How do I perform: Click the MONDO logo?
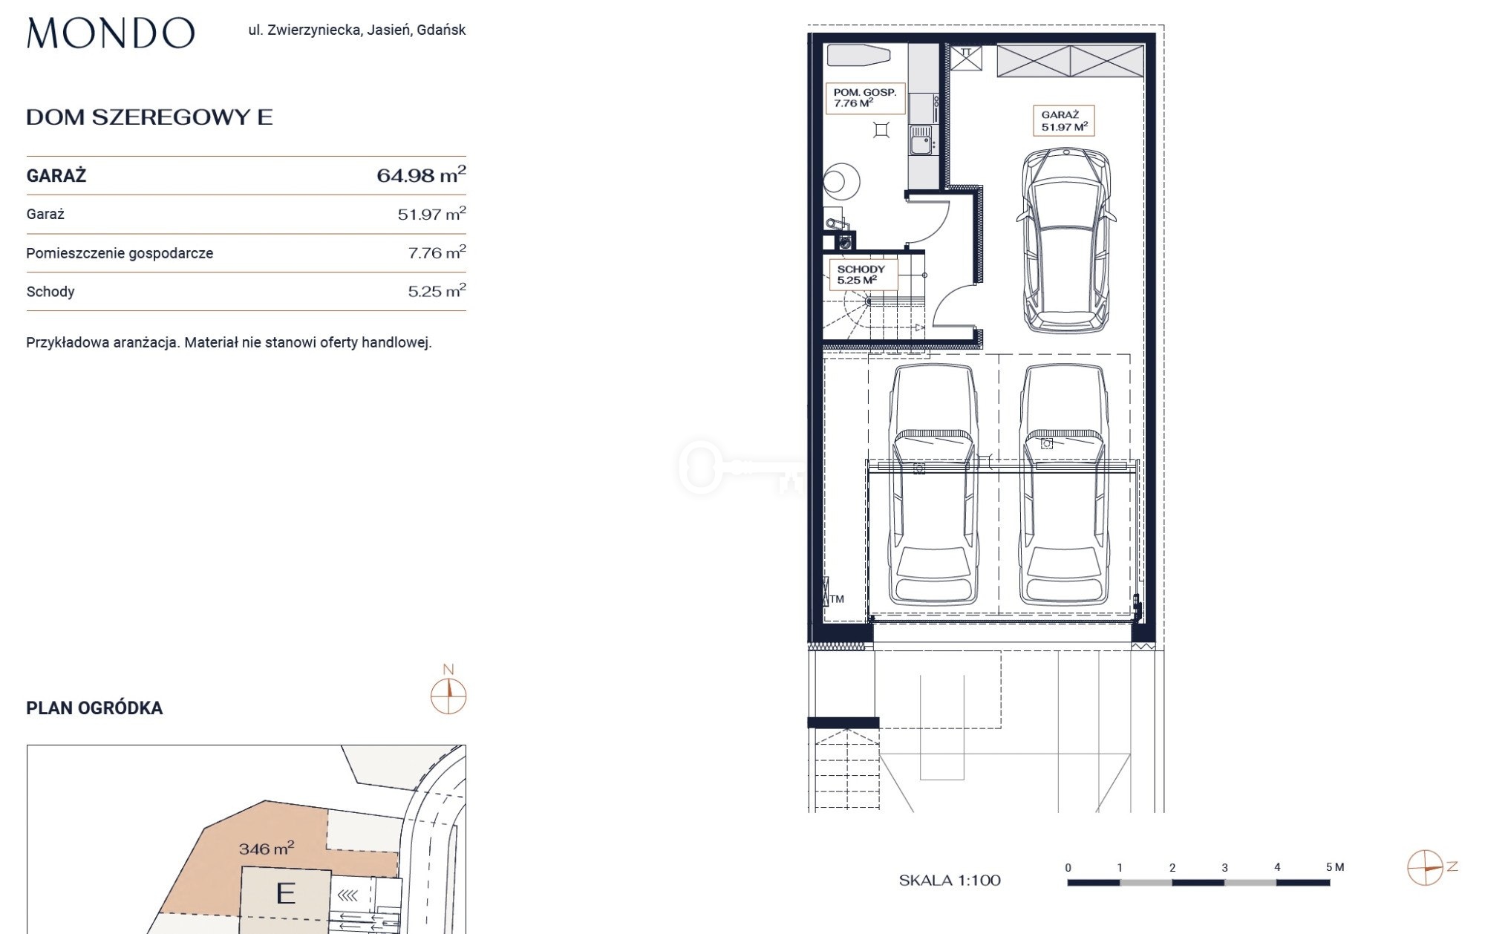click(111, 33)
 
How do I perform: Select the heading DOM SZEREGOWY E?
click(149, 117)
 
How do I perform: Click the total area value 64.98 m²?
click(421, 174)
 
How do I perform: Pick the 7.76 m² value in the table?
click(437, 252)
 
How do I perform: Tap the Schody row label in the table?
click(50, 292)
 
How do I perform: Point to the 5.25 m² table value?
click(437, 291)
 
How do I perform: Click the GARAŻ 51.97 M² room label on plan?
click(1063, 121)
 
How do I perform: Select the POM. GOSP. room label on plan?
click(865, 98)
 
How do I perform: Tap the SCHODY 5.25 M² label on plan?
click(861, 275)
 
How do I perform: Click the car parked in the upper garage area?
click(1065, 241)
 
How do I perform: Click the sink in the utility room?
click(921, 140)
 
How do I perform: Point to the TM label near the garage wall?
click(837, 599)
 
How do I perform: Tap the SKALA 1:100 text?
click(950, 881)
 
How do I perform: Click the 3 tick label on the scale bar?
click(1224, 867)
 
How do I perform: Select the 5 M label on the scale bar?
click(1335, 866)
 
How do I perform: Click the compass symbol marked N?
click(448, 696)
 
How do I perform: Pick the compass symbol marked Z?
click(1426, 868)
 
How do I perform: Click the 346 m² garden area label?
click(267, 848)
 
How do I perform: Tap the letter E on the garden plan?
click(286, 893)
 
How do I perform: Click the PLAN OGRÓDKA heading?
click(94, 708)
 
